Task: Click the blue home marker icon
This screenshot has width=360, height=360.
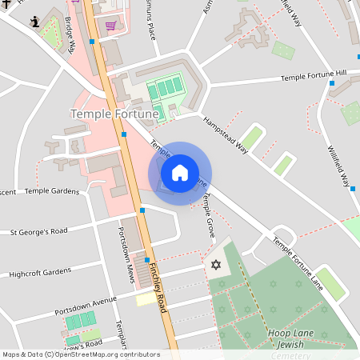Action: point(180,173)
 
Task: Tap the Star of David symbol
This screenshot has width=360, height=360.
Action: point(214,265)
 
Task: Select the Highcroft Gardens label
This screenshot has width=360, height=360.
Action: point(40,272)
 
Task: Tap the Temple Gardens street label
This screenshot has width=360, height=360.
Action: point(52,191)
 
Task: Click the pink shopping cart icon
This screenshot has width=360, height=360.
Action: point(110,26)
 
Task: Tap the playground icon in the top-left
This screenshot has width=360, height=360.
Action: point(35,21)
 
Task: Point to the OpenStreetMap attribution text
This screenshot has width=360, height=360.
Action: point(80,354)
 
